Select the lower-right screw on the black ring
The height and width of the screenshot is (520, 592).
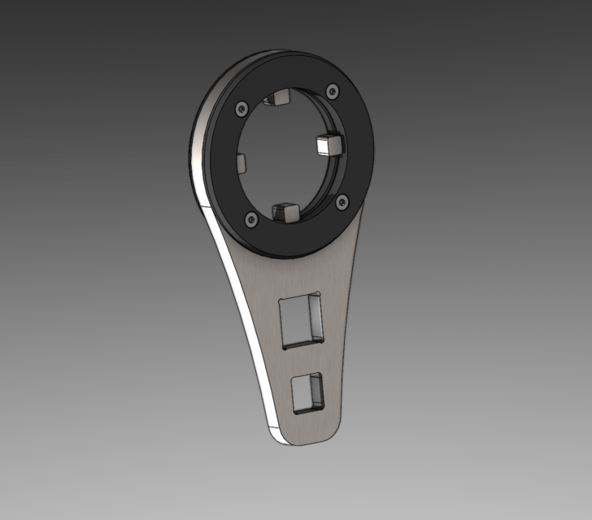[341, 198]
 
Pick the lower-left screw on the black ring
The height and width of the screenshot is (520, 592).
[250, 219]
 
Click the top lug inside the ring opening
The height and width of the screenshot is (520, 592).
[276, 99]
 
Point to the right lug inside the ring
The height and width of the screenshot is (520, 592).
[327, 144]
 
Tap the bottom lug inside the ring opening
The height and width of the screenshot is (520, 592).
[285, 212]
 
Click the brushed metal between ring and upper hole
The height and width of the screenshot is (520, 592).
[301, 272]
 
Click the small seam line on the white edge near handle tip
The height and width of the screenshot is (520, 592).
[269, 425]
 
